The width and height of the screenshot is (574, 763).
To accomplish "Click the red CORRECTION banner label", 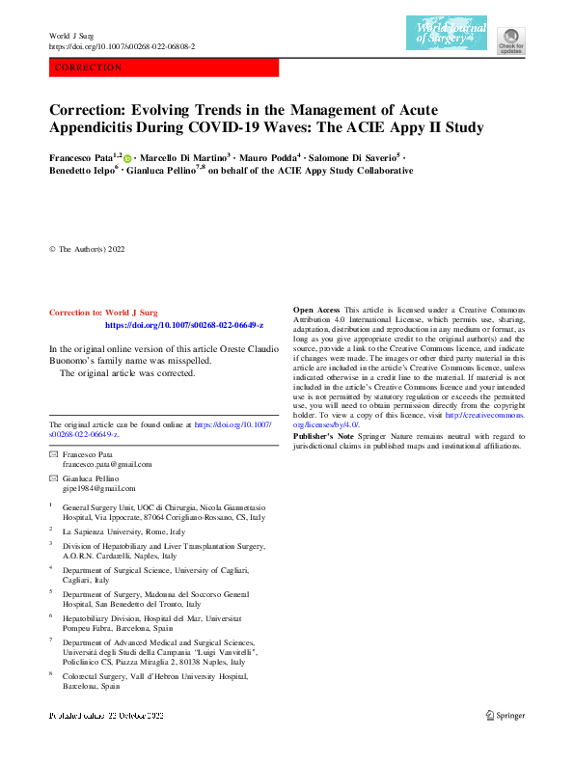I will click(90, 68).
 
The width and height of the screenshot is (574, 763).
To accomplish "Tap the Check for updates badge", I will click(510, 38).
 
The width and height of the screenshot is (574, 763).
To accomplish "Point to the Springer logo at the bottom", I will click(505, 716).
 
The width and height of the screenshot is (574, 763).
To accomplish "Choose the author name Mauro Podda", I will click(269, 155).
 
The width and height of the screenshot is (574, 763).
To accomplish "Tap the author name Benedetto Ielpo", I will click(81, 171).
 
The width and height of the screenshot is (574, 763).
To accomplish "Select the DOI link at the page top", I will click(122, 46).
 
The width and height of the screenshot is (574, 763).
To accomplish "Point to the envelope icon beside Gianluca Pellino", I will click(54, 478).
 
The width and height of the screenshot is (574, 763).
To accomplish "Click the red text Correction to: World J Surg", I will click(102, 313).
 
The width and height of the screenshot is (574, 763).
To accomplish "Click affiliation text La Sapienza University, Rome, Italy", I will click(123, 531).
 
